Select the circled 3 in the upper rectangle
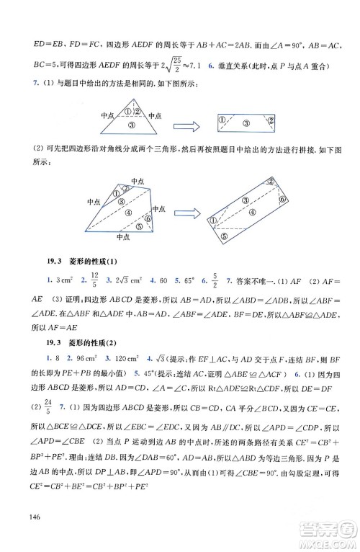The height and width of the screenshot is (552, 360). pyautogui.click(x=246, y=124)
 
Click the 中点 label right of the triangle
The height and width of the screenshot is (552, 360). pyautogui.click(x=155, y=115)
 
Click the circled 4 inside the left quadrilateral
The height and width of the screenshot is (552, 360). pyautogui.click(x=127, y=213)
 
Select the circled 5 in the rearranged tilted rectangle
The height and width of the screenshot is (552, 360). pyautogui.click(x=225, y=233)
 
